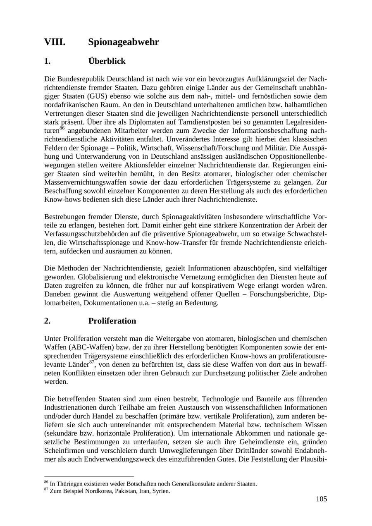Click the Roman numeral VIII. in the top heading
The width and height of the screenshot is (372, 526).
click(55, 42)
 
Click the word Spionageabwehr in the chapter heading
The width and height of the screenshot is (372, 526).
click(124, 42)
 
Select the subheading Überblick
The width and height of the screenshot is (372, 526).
click(107, 61)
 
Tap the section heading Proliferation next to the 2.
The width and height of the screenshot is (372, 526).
click(112, 321)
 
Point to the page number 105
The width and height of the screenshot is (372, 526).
click(321, 499)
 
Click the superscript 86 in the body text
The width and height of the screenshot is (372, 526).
click(62, 128)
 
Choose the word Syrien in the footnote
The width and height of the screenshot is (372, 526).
click(161, 491)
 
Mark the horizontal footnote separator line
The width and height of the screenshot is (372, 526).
click(89, 476)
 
